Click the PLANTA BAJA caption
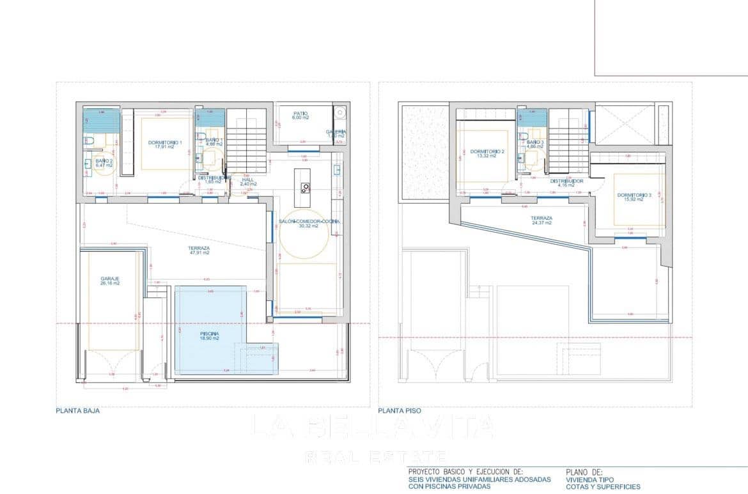[x=77, y=411]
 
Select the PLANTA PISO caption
[x=400, y=411]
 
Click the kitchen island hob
[x=305, y=187]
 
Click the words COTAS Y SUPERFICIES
[x=603, y=486]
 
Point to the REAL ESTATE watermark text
[x=375, y=456]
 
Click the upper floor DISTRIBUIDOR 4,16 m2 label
[x=566, y=183]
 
